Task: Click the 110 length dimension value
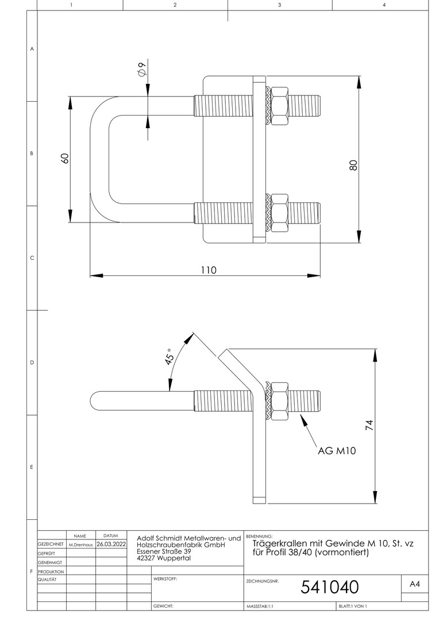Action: point(208,270)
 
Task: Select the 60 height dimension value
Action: point(65,159)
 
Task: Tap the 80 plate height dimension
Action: point(353,164)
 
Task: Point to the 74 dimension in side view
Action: point(369,425)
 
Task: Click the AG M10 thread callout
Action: point(337,451)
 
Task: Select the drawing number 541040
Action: point(330,586)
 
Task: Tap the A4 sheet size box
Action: point(415,584)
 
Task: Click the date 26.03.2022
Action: point(111,543)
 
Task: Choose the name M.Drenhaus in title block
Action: point(80,544)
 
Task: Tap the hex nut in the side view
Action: point(280,401)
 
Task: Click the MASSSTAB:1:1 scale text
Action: point(260,606)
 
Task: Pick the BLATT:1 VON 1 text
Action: point(353,606)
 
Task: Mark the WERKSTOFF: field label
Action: point(165,578)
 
